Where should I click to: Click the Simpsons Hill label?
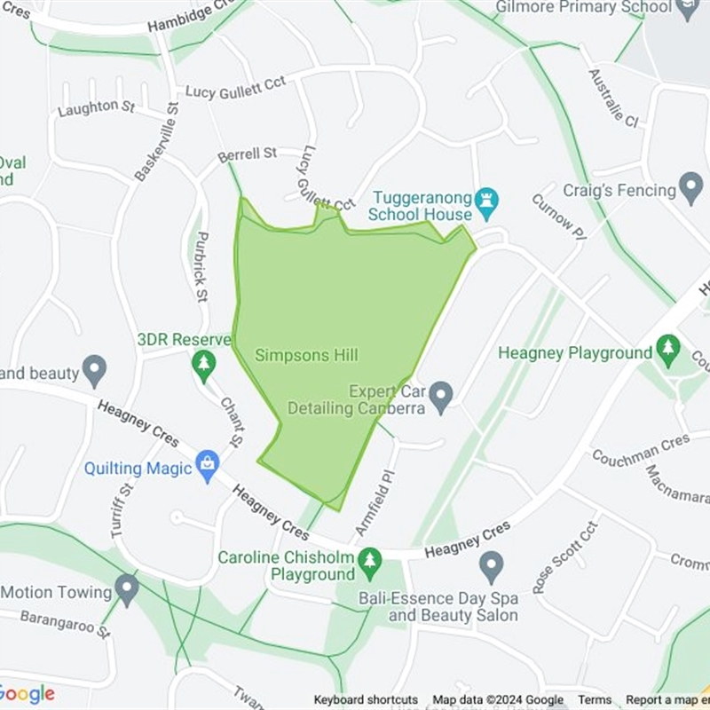point(306,355)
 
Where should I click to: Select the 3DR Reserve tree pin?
point(205,364)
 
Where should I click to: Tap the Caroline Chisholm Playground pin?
point(370,560)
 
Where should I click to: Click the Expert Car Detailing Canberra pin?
point(441,397)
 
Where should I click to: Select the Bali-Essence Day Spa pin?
point(491,564)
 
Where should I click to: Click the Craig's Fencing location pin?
point(690,187)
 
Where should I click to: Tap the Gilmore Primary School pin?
point(687,8)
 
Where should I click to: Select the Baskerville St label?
point(157,141)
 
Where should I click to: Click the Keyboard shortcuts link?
point(366,700)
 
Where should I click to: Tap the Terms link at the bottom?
point(595,700)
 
